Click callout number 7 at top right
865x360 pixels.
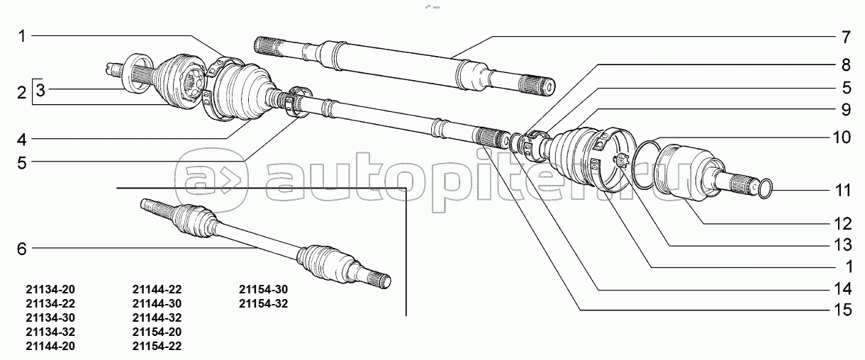click(846, 38)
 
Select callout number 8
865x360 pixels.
click(846, 64)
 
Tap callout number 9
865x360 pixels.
click(846, 110)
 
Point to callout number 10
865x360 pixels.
click(842, 137)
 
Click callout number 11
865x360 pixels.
click(842, 191)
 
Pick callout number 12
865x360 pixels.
click(842, 224)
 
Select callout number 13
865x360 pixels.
click(842, 245)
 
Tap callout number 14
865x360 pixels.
click(842, 289)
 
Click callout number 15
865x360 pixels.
click(842, 310)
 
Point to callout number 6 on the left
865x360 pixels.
click(21, 249)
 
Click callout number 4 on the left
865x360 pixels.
click(21, 140)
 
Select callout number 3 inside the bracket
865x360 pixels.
click(40, 90)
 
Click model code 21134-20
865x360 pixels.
click(50, 289)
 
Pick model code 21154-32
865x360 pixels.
click(263, 304)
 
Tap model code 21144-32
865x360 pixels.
click(157, 318)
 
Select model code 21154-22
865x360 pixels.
click(157, 346)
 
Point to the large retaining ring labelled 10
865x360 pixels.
click(647, 142)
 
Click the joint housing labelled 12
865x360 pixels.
click(683, 174)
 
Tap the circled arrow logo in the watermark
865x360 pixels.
click(211, 180)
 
